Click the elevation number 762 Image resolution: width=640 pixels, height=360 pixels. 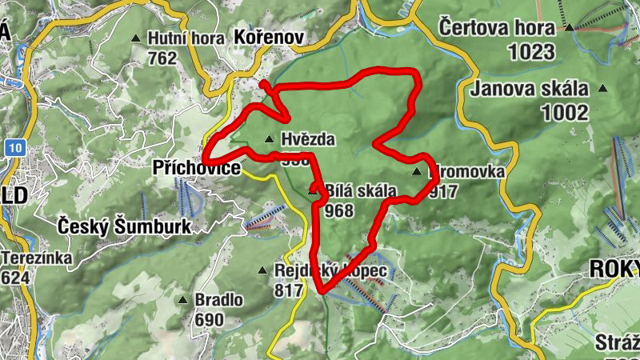click(162, 58)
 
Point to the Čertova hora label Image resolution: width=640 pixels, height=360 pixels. click(497, 29)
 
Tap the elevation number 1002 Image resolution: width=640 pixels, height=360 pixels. click(564, 113)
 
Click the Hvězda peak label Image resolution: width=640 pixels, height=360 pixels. click(308, 139)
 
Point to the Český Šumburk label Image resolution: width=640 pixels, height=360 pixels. click(125, 226)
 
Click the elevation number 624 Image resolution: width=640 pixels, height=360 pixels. click(17, 278)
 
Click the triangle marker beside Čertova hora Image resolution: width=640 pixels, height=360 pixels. click(569, 28)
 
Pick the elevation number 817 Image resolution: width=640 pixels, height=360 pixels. click(289, 290)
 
